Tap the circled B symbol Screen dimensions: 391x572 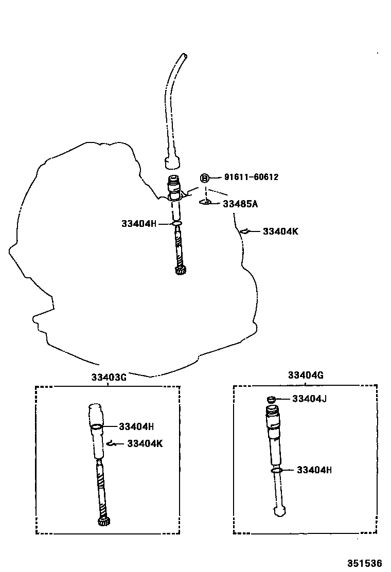click(205, 178)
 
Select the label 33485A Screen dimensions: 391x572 click(240, 204)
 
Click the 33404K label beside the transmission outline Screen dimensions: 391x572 click(280, 231)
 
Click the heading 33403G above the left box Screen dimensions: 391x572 click(109, 377)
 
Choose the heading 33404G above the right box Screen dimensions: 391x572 click(306, 375)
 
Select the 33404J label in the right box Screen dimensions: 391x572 click(310, 399)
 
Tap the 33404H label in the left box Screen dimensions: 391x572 click(136, 426)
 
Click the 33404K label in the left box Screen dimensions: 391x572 click(145, 443)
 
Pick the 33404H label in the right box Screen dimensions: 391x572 click(314, 470)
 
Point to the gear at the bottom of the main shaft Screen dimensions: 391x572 click(180, 271)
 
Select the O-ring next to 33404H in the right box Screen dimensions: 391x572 click(276, 470)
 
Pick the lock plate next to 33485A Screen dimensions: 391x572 click(206, 202)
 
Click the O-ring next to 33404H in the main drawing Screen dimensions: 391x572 click(177, 224)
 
